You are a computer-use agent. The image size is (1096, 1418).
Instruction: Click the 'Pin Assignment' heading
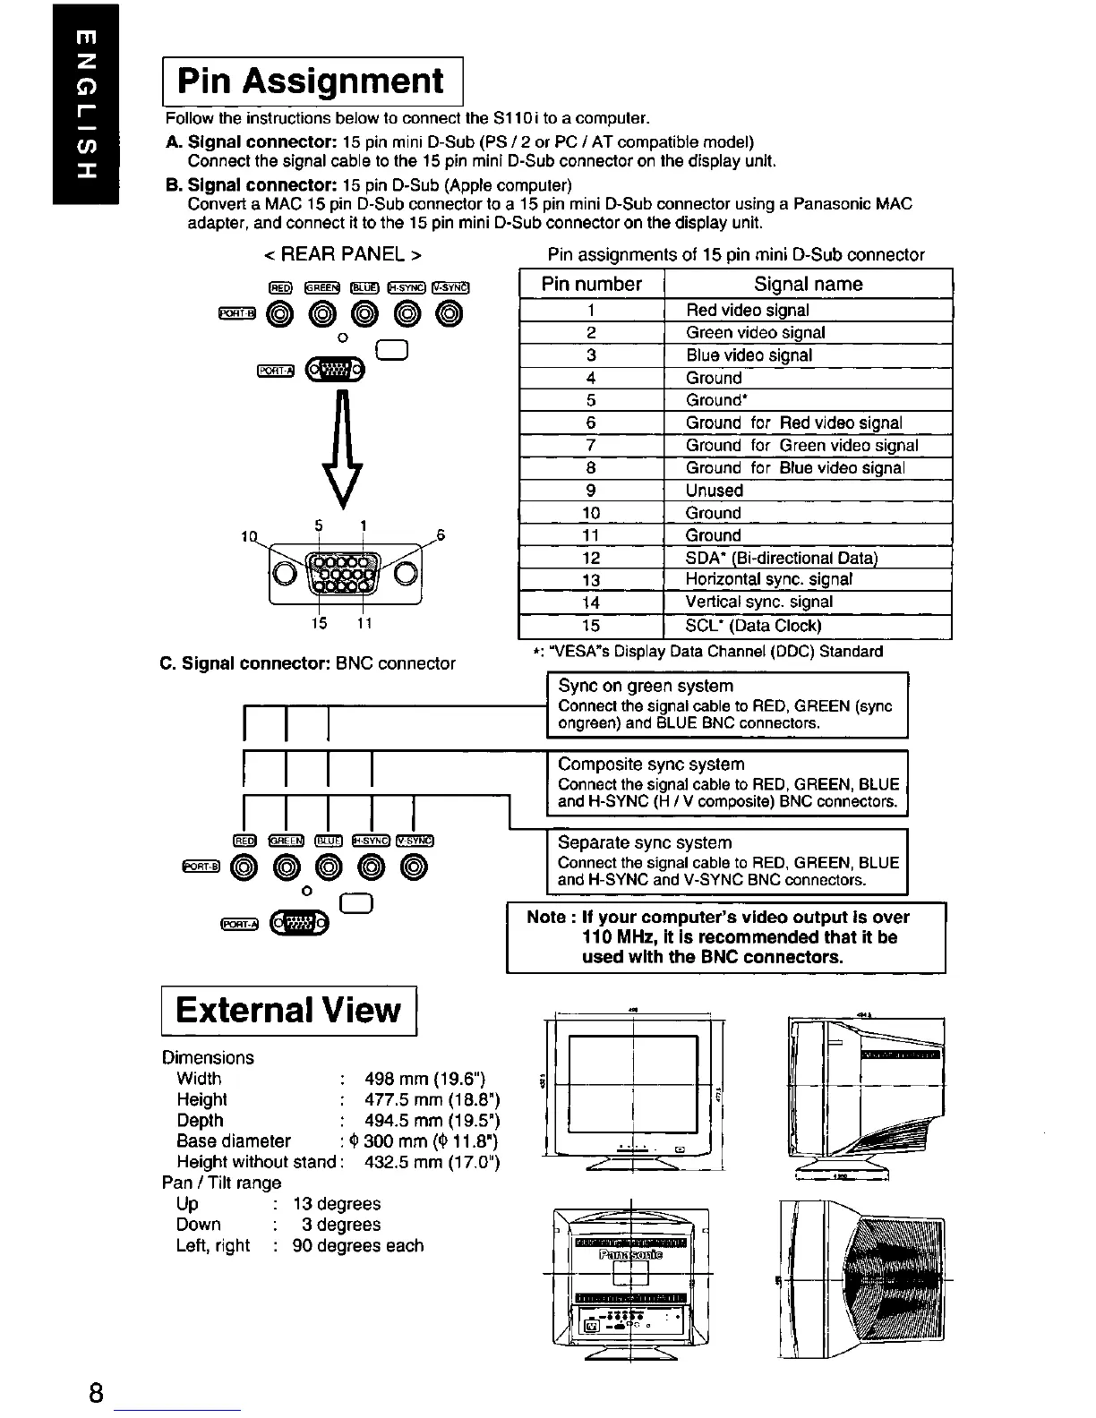310,81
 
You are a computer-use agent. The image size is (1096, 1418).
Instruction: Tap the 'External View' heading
287,1010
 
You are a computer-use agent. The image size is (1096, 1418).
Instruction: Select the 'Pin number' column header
591,285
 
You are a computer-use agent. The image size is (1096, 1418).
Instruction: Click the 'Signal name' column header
808,285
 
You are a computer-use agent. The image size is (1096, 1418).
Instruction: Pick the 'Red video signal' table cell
747,311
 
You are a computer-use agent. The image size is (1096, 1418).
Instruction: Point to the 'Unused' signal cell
714,491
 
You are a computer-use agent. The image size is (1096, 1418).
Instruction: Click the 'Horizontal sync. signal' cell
768,580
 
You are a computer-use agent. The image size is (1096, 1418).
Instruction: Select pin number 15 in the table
591,626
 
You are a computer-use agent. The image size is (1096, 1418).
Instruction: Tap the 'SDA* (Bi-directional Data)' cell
781,558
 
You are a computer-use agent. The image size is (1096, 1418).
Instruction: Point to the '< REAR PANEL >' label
343,254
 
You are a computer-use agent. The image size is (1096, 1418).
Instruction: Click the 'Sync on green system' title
645,687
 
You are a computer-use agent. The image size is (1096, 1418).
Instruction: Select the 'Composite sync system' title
650,765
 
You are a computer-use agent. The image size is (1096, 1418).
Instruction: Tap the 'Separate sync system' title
644,843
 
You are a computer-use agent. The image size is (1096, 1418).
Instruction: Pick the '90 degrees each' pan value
357,1245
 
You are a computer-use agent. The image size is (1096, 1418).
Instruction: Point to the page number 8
96,1393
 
